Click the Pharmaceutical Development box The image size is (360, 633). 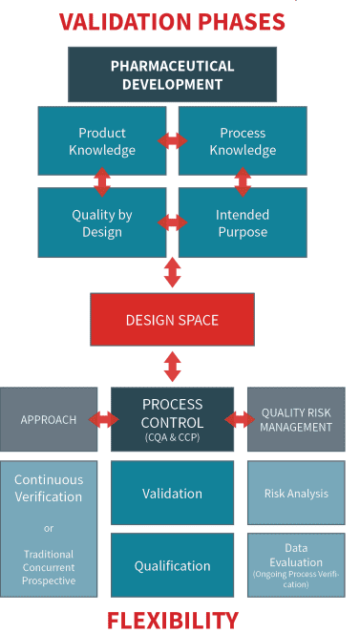coord(172,74)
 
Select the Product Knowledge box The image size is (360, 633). coord(101,141)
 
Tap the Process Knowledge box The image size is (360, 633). coord(243,141)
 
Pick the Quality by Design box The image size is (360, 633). coord(101,222)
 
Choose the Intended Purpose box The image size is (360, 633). coord(243,222)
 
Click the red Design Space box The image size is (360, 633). coord(172,319)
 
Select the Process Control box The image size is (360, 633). coord(172,419)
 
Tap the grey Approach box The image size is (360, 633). coord(48,419)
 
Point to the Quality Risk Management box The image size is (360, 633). coord(296,419)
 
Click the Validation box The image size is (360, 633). coord(172,493)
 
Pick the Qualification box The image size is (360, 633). coord(172,564)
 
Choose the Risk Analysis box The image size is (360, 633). coord(296,493)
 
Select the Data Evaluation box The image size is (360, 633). coord(296,564)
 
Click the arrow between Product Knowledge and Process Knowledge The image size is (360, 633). coord(173,141)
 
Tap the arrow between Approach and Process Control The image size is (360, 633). coord(104,419)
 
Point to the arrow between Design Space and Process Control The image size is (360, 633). coord(173,368)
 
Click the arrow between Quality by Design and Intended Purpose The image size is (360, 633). coord(173,222)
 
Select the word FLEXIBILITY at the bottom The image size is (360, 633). coord(173,620)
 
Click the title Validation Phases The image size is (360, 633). coord(174,20)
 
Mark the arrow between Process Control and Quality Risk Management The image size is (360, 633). coord(240,419)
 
